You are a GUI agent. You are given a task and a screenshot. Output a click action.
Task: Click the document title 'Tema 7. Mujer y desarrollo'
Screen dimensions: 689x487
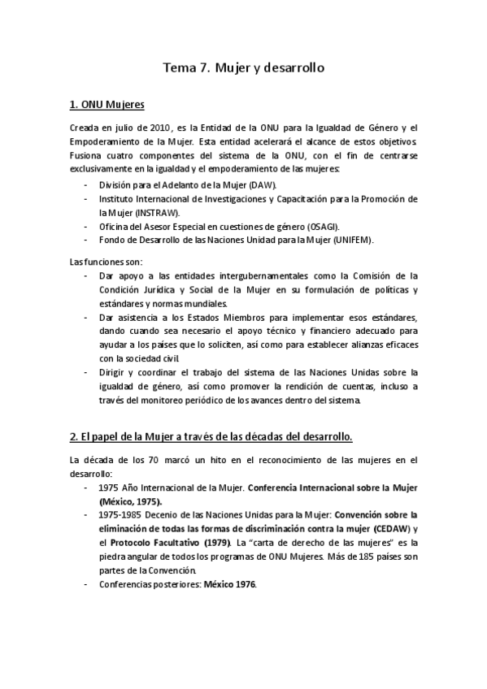pos(244,68)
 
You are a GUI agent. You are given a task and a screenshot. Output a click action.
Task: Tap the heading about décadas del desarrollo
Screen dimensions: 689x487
pos(211,437)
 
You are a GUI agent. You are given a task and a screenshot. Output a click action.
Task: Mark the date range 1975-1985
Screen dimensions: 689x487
pos(122,515)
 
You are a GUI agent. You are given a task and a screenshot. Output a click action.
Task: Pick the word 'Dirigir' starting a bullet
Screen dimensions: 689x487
pos(111,373)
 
